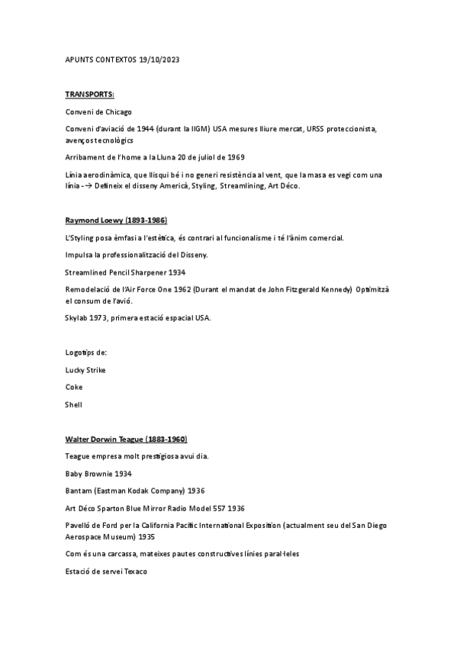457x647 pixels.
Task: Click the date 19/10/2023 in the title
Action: pos(161,60)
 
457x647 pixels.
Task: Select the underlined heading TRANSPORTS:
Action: pos(90,95)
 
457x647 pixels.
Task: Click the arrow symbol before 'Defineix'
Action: pos(98,185)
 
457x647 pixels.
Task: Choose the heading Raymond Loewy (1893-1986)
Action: pos(117,220)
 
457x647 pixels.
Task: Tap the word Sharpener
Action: pos(146,272)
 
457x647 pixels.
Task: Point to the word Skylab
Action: pos(78,317)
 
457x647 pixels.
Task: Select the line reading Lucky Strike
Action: pos(85,370)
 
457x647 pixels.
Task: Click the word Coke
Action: pos(74,387)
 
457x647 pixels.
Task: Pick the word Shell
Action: pos(74,404)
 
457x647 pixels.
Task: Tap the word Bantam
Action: pos(79,491)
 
